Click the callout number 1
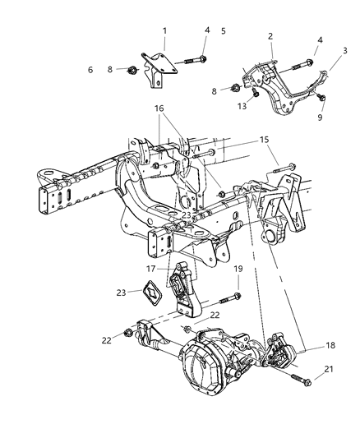coord(164,31)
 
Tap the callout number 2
coord(270,36)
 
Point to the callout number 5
coord(223,31)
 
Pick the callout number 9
coord(321,117)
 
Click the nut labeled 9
coord(321,99)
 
